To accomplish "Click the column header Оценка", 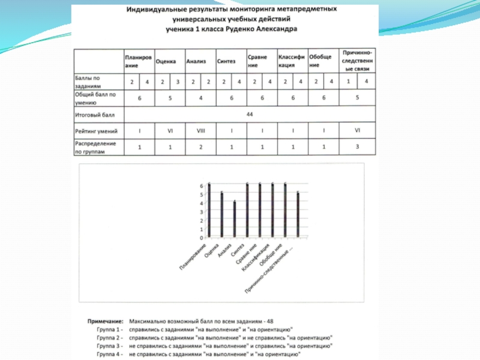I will (165, 61).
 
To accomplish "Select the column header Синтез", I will (226, 61).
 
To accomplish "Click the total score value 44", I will (249, 113).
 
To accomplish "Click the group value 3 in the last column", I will (358, 146).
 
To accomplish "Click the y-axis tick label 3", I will (202, 212).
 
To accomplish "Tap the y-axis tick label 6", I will (202, 185).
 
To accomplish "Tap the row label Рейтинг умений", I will (96, 130).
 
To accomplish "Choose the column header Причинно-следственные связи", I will (358, 61).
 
